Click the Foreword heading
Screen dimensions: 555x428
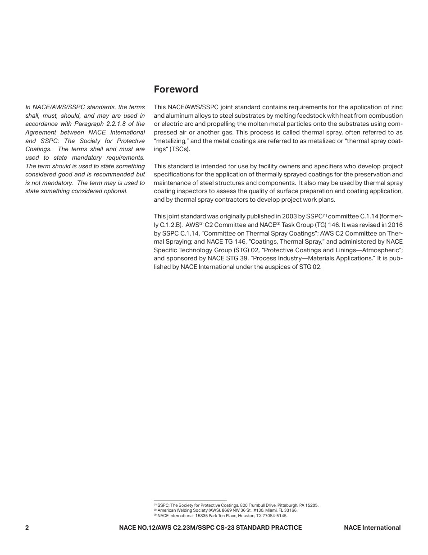pyautogui.click(x=176, y=89)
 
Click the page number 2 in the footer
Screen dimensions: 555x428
pyautogui.click(x=27, y=527)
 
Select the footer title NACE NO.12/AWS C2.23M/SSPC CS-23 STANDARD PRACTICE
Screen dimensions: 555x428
pyautogui.click(x=210, y=527)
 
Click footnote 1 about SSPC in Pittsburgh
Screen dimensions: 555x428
pyautogui.click(x=236, y=505)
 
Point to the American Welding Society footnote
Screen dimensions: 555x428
pyautogui.click(x=225, y=510)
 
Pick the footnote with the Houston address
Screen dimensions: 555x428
pyautogui.click(x=220, y=515)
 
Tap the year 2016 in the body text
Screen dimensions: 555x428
pyautogui.click(x=395, y=225)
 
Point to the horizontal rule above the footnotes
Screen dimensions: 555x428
pyautogui.click(x=190, y=500)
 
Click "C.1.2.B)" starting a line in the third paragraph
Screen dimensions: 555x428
pyautogui.click(x=168, y=225)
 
